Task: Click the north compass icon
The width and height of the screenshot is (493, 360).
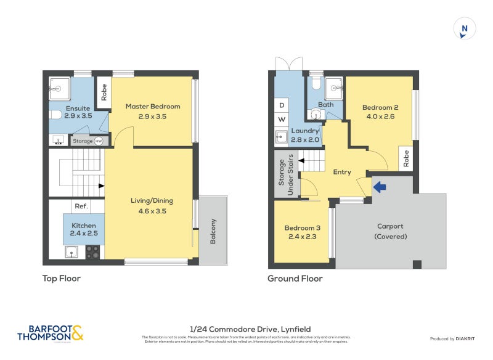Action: [464, 29]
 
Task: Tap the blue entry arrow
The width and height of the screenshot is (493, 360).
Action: [380, 186]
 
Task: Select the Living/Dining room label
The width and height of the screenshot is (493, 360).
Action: [152, 200]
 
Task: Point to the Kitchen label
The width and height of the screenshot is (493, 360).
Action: [84, 226]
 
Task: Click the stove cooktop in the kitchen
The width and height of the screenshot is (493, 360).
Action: [92, 252]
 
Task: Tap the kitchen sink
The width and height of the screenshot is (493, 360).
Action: [72, 252]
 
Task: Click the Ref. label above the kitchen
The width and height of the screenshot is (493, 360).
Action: [81, 207]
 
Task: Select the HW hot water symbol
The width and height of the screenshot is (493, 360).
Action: [98, 141]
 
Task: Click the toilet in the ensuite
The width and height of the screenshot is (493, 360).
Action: [55, 114]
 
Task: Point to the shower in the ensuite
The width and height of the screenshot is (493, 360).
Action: [59, 88]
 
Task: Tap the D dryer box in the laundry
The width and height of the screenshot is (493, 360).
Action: [282, 105]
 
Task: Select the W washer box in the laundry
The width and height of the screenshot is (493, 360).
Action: [282, 119]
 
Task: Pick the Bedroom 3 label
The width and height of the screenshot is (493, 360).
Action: [301, 229]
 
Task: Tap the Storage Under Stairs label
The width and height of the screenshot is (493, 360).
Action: [286, 178]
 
